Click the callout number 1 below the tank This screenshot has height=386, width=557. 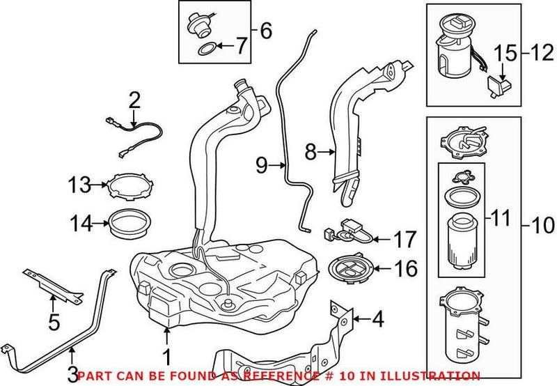click(x=166, y=357)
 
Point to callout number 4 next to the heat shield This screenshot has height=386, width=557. click(x=377, y=321)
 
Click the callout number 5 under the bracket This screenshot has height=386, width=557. click(x=52, y=322)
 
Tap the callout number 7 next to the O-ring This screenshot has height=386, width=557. click(x=240, y=48)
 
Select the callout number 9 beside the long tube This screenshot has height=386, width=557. click(x=261, y=165)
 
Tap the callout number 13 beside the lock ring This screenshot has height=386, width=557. click(x=79, y=185)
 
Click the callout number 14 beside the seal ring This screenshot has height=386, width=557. click(x=79, y=224)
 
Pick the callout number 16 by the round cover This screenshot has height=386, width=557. click(x=406, y=268)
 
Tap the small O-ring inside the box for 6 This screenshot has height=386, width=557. click(x=206, y=49)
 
